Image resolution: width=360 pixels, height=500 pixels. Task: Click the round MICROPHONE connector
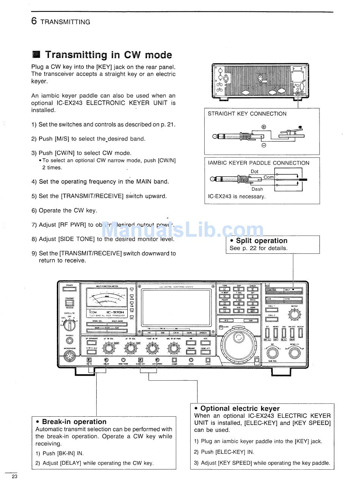(x=69, y=356)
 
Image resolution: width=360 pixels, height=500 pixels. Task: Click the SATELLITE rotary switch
(x=70, y=325)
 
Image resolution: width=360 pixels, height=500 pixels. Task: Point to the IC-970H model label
(x=115, y=312)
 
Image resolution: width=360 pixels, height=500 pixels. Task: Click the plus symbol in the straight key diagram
(x=264, y=127)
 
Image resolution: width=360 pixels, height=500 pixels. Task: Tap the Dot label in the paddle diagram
(x=255, y=172)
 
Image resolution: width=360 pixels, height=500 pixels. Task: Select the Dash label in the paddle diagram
(x=257, y=189)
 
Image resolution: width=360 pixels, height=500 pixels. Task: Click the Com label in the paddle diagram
(x=269, y=177)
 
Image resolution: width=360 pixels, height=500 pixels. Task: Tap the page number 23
(x=14, y=477)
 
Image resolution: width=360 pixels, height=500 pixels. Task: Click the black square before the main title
(x=36, y=55)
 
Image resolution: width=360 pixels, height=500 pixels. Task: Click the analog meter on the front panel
(x=106, y=298)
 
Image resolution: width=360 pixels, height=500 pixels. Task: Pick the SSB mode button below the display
(x=162, y=333)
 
